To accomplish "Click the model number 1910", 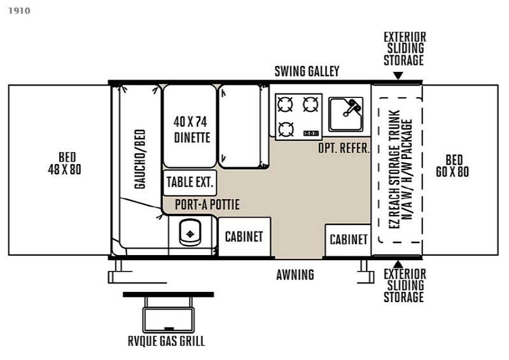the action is [x=19, y=11].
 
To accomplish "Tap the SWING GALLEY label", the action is [x=307, y=71].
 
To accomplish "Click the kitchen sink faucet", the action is [x=352, y=107].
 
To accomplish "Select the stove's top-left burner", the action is [x=285, y=104].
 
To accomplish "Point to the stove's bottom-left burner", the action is [x=286, y=129].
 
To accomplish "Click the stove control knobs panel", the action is [x=311, y=133].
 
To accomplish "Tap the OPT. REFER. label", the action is [x=344, y=148].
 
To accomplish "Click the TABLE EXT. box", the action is [x=190, y=183].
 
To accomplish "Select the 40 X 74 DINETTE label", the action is [x=191, y=130].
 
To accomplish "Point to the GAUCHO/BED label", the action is [x=140, y=159].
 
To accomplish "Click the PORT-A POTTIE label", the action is [x=207, y=205].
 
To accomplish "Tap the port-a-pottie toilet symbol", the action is [x=190, y=232].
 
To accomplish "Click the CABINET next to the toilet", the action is [x=244, y=237].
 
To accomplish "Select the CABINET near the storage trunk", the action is [x=348, y=240].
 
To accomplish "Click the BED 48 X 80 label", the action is [x=65, y=163].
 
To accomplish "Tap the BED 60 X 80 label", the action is [x=452, y=166].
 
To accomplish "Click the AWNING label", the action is [x=295, y=275].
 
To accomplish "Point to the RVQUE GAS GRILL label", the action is [x=166, y=341].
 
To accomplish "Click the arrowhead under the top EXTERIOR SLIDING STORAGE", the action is [x=398, y=76].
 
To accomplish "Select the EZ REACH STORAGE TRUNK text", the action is [x=394, y=169].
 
